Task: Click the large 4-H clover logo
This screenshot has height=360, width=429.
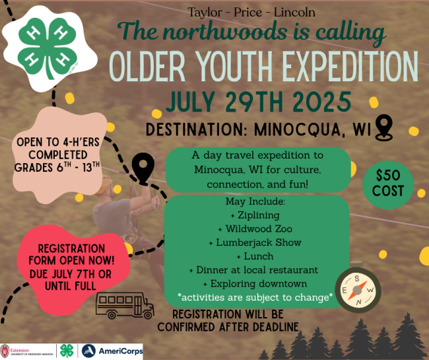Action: tap(48, 48)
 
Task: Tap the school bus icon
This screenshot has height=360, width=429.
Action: tap(125, 306)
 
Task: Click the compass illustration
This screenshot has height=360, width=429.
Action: tap(358, 290)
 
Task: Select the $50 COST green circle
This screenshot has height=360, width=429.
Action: tap(388, 184)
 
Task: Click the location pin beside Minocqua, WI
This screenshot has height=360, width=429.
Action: tap(383, 128)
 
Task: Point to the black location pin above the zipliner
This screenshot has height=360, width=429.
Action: tap(143, 168)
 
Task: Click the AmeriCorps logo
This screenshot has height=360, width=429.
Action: tap(112, 351)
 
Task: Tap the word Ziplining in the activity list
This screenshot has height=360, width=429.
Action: tap(259, 215)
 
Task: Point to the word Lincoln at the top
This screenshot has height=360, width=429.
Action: tap(294, 13)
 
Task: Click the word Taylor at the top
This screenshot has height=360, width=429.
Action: tap(205, 13)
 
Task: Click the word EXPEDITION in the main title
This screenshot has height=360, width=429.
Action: tap(350, 67)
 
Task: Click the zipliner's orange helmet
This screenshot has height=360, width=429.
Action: tap(104, 184)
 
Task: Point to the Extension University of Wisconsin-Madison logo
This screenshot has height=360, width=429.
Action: tap(27, 351)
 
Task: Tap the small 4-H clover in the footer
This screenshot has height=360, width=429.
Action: tap(67, 351)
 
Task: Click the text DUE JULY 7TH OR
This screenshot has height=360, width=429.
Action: tap(71, 273)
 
